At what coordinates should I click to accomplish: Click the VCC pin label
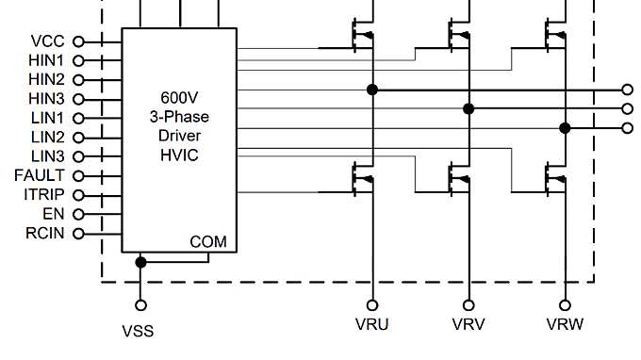[48, 41]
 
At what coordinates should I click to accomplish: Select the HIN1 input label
[46, 60]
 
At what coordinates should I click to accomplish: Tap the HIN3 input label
[46, 98]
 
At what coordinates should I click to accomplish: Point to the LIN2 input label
[47, 137]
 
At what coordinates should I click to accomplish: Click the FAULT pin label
[40, 175]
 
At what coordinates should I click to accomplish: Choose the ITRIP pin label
[43, 194]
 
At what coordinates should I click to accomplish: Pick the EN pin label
[55, 214]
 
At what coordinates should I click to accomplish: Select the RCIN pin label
[44, 233]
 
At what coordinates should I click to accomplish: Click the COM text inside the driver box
[208, 242]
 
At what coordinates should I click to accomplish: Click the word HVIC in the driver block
[179, 155]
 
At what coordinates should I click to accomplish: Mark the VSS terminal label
[138, 331]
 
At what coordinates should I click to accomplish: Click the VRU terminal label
[373, 325]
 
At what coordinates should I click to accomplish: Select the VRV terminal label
[468, 325]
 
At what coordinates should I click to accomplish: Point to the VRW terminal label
[565, 325]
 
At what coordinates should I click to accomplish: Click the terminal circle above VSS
[141, 304]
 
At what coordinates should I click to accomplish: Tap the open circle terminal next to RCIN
[78, 233]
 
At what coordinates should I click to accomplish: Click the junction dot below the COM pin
[141, 261]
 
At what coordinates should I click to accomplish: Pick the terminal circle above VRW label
[565, 304]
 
